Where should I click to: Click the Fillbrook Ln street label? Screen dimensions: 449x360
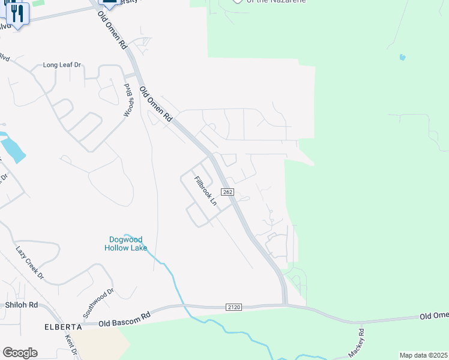(205, 190)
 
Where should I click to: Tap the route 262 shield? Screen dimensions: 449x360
(227, 191)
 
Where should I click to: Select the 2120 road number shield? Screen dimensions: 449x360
(234, 307)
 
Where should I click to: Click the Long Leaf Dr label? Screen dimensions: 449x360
(61, 65)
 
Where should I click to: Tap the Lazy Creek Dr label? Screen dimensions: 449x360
(30, 263)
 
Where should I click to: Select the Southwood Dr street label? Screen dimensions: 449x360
(98, 304)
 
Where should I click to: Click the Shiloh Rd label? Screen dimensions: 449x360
(21, 305)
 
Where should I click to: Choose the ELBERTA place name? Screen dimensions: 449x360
(62, 327)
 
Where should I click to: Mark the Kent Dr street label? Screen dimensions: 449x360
(72, 347)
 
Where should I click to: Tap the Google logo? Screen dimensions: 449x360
(20, 352)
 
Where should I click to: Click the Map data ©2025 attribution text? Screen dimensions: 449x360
(423, 355)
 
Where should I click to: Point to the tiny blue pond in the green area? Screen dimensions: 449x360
(402, 58)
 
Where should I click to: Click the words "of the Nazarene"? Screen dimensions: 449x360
(277, 2)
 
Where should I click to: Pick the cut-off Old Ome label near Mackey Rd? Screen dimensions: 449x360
(433, 316)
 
